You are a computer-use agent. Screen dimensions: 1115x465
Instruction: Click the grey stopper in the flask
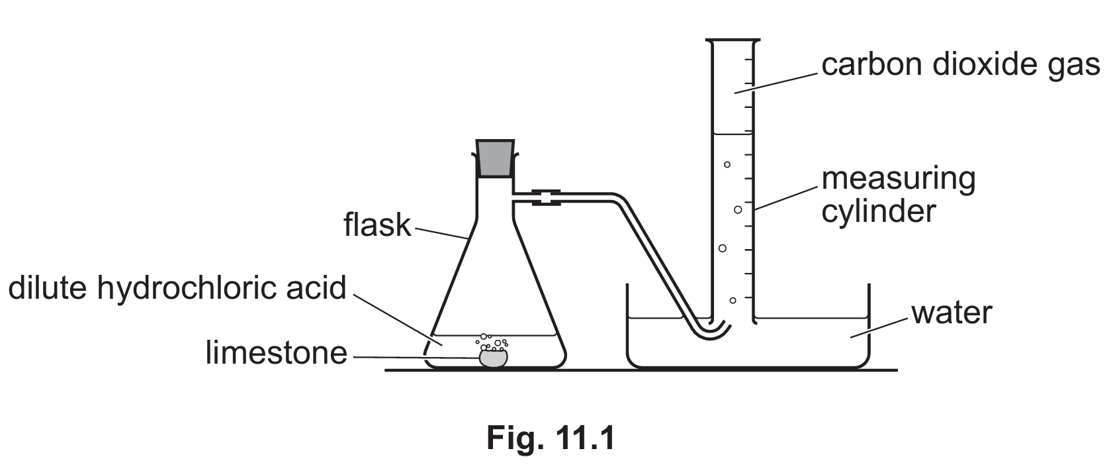495,158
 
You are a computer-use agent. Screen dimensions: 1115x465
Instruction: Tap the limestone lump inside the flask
493,358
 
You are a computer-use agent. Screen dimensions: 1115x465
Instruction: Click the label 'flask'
377,225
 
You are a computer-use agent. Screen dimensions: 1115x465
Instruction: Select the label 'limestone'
276,352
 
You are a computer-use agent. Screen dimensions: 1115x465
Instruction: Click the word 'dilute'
47,288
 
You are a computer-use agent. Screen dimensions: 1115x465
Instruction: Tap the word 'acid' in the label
316,288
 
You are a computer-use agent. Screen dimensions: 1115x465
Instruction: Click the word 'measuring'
899,180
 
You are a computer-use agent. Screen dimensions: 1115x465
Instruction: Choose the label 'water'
952,313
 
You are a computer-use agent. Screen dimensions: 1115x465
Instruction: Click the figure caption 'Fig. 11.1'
551,438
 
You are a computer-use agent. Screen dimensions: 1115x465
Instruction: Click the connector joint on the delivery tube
546,197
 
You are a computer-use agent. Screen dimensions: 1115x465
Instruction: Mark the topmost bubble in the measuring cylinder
727,164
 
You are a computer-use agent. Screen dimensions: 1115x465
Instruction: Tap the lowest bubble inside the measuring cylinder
733,300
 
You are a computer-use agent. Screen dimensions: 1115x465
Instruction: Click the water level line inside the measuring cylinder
733,134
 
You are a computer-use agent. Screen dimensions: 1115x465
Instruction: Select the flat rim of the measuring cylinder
733,39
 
